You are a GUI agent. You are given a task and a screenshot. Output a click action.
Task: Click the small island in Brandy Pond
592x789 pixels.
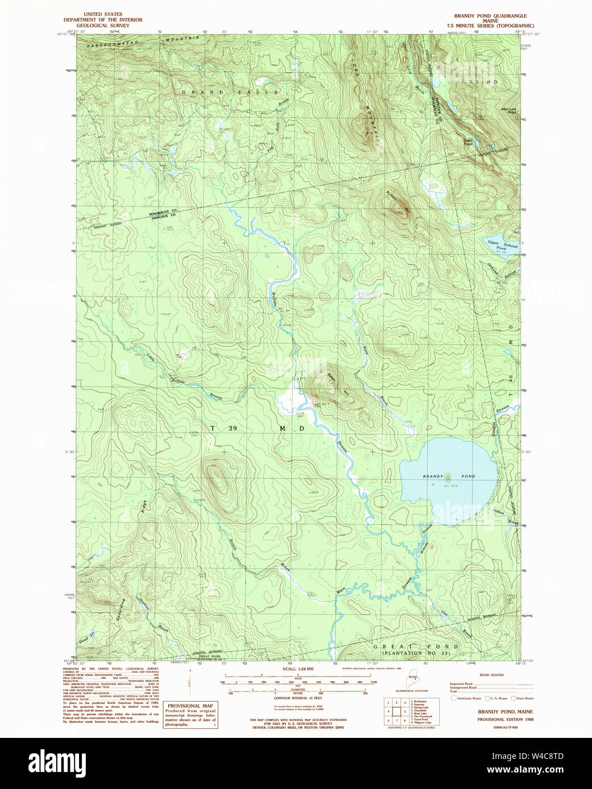click(447, 476)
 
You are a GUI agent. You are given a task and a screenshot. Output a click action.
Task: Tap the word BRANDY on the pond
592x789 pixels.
click(433, 476)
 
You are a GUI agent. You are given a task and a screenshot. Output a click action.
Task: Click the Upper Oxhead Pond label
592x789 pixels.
click(502, 245)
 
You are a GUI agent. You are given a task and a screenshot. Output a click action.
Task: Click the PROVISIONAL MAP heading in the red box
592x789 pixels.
click(190, 706)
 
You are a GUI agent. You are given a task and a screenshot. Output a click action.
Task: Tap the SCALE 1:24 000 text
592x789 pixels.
click(298, 669)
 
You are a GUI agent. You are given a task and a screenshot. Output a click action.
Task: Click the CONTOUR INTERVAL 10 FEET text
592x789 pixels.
click(298, 698)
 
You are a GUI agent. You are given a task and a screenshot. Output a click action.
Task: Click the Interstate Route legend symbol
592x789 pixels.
click(453, 698)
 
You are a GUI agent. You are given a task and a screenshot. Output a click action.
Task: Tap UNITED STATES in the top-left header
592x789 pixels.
click(103, 14)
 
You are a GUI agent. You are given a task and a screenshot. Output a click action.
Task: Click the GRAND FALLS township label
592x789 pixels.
click(230, 92)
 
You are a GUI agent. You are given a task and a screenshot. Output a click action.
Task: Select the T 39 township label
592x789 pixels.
click(224, 428)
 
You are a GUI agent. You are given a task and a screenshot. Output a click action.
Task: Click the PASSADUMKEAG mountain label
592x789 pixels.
click(116, 44)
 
